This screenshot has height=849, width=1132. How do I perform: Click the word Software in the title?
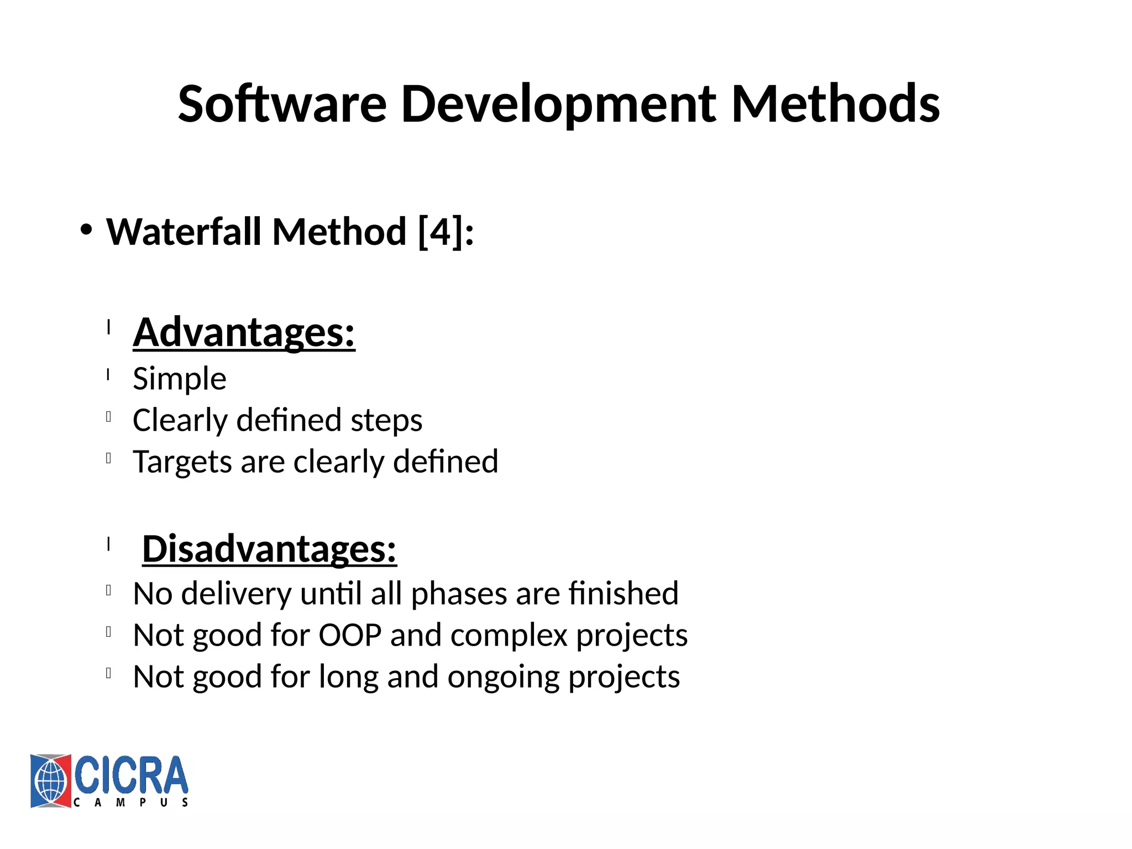tap(282, 104)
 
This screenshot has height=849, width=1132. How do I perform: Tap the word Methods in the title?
tap(835, 104)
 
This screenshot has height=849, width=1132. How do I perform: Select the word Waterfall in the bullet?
tap(184, 232)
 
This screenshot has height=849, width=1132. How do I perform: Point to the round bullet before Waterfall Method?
tap(85, 230)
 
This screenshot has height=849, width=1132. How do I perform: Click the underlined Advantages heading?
tap(244, 332)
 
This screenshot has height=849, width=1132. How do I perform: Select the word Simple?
tap(179, 379)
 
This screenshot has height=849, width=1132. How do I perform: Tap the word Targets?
tap(182, 462)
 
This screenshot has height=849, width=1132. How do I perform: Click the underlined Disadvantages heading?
tap(269, 549)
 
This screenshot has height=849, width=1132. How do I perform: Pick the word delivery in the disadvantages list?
tap(236, 594)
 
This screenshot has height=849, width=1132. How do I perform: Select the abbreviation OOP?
tap(350, 635)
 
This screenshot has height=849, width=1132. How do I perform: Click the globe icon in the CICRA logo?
tap(50, 781)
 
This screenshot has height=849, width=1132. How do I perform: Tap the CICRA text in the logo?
tap(131, 775)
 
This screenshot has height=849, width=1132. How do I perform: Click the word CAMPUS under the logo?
tap(131, 803)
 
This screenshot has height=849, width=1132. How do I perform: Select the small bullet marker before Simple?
tap(109, 375)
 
